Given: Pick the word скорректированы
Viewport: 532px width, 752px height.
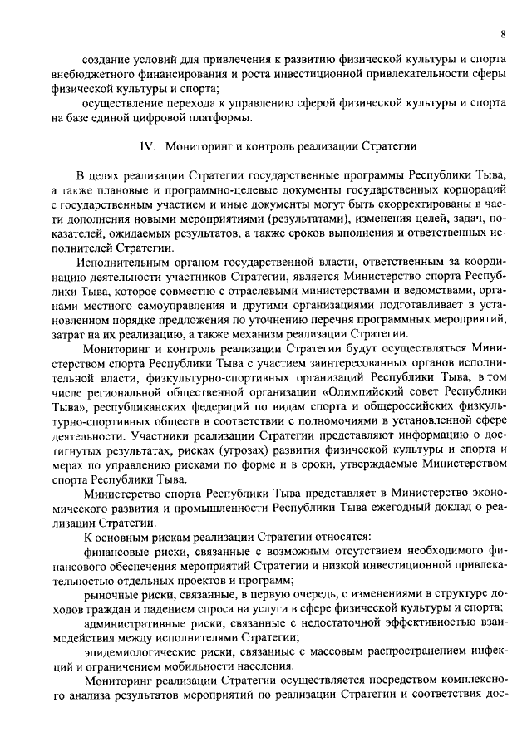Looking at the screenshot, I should point(386,204).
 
